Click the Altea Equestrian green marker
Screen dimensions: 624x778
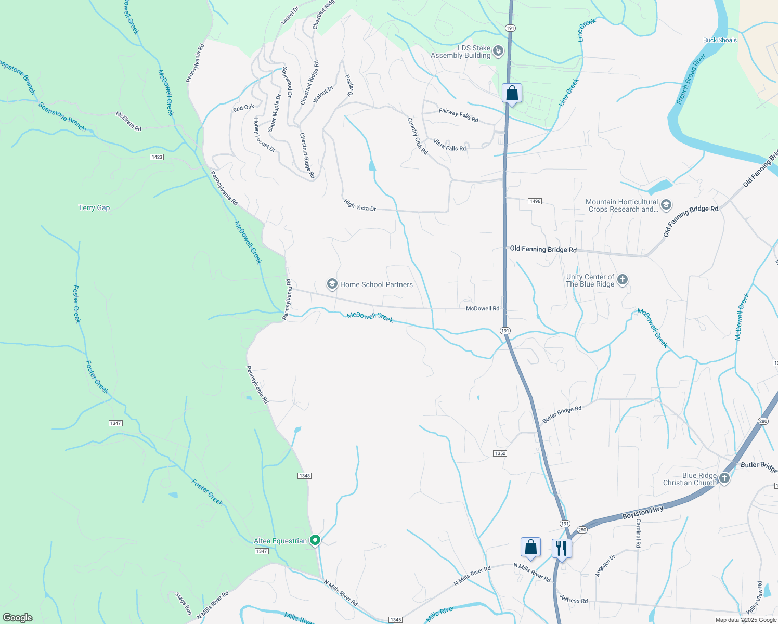tap(315, 541)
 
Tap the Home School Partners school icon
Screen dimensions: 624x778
tap(332, 284)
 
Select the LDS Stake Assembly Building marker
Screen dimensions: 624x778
tap(498, 50)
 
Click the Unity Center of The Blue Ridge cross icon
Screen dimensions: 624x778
tap(622, 280)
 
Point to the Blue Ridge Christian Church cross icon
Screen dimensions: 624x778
tap(724, 478)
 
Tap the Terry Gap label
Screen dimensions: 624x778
tap(94, 207)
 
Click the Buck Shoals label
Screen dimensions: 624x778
tap(720, 40)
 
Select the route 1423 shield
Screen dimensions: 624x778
tap(157, 157)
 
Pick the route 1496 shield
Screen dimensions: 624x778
tap(535, 201)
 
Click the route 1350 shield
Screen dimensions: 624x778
tap(500, 453)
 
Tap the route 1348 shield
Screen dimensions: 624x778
tap(305, 476)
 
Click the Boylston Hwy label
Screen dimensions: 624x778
tap(643, 513)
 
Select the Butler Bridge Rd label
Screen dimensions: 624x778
tap(562, 414)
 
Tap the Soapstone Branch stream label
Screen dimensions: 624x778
tap(62, 116)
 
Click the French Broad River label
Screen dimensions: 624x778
tap(691, 79)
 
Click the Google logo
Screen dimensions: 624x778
tap(18, 617)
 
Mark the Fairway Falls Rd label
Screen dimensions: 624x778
tap(458, 115)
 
